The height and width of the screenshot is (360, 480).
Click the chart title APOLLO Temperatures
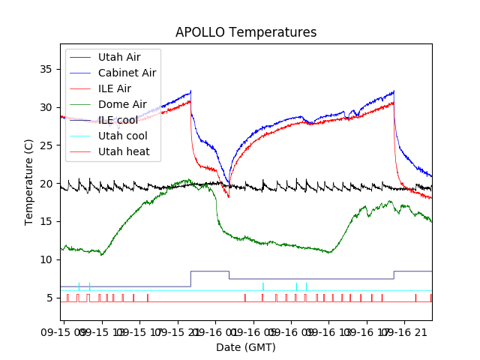(x=246, y=33)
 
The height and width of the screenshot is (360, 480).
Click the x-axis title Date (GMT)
(x=246, y=347)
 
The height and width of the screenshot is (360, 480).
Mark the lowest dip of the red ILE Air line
(x=229, y=196)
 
